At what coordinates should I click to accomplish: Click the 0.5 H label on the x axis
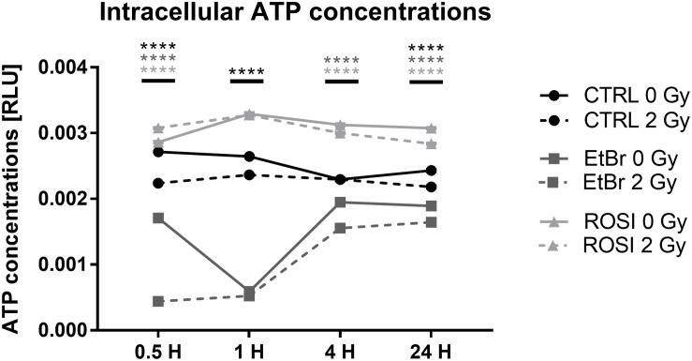pos(158,352)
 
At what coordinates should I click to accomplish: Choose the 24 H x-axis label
pos(430,352)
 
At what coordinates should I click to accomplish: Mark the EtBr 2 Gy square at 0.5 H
pos(158,301)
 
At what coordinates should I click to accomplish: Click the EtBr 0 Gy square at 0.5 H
pos(158,218)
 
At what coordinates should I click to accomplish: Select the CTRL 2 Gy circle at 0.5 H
pos(158,183)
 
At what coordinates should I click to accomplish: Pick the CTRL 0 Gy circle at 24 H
pos(430,171)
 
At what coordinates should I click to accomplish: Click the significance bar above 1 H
pos(248,82)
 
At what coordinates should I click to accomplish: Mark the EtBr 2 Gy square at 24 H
pos(430,222)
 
